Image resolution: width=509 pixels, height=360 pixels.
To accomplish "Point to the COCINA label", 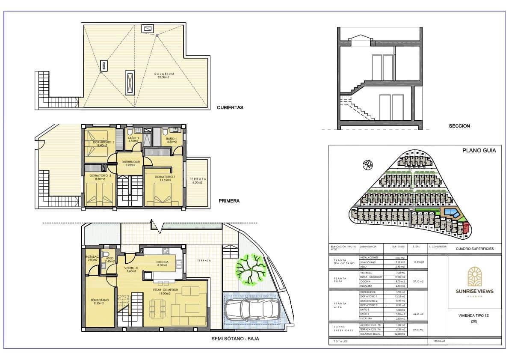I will point(162,263).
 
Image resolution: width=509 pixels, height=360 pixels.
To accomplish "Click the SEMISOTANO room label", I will point(99,302).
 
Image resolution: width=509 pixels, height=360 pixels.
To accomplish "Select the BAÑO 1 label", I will point(171,140).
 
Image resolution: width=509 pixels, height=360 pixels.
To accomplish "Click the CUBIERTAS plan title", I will point(230,107).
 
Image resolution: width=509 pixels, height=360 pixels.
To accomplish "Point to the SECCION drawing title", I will point(459,126).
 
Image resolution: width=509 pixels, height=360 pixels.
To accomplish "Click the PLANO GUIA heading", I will point(479,150).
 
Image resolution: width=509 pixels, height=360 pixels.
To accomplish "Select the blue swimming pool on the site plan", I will point(450,212).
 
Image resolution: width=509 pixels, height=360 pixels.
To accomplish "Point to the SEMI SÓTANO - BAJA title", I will point(235,338).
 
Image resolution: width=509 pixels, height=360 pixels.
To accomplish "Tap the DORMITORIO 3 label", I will point(98,177).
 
